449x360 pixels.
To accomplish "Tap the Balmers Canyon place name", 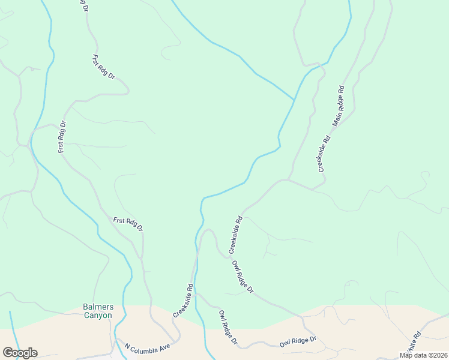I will pyautogui.click(x=97, y=311).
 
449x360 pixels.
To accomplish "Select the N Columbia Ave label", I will pyautogui.click(x=148, y=347).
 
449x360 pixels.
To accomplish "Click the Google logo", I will pyautogui.click(x=20, y=353).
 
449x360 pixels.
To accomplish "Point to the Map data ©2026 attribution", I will pyautogui.click(x=423, y=355).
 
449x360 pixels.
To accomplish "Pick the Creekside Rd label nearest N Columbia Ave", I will pyautogui.click(x=183, y=300).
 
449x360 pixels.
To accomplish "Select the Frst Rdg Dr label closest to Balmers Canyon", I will pyautogui.click(x=128, y=224).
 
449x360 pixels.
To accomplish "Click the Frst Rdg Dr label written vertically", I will pyautogui.click(x=62, y=137).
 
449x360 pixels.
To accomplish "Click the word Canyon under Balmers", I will pyautogui.click(x=97, y=316).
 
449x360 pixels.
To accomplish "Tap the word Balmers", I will pyautogui.click(x=97, y=307).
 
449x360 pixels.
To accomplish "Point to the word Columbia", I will pyautogui.click(x=148, y=347).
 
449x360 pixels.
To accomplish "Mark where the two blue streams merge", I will pyautogui.click(x=294, y=100).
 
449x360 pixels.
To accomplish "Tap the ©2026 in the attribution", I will pyautogui.click(x=434, y=355).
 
